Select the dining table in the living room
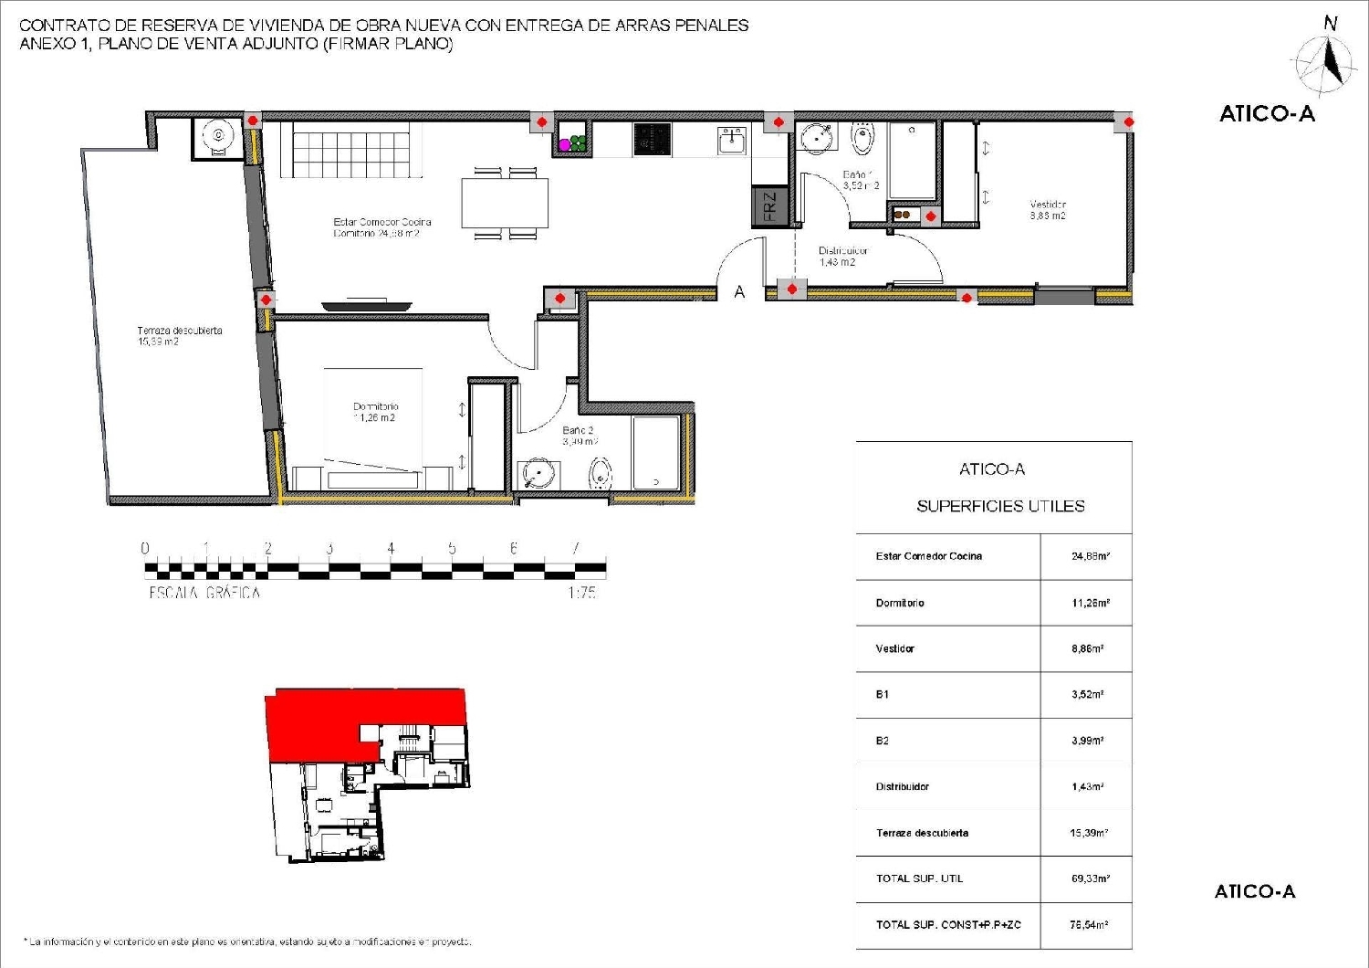(505, 203)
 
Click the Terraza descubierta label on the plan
(179, 336)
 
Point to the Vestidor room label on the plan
(1048, 210)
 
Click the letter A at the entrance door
(739, 292)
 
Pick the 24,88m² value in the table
(1090, 556)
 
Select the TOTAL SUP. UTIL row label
(919, 879)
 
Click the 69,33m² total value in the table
(1090, 879)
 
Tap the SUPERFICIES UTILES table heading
(1000, 506)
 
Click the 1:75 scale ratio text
(581, 593)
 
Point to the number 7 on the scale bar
(575, 549)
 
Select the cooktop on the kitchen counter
(652, 140)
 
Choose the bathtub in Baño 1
(912, 161)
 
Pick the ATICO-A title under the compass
(1267, 114)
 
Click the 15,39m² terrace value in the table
(1090, 833)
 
